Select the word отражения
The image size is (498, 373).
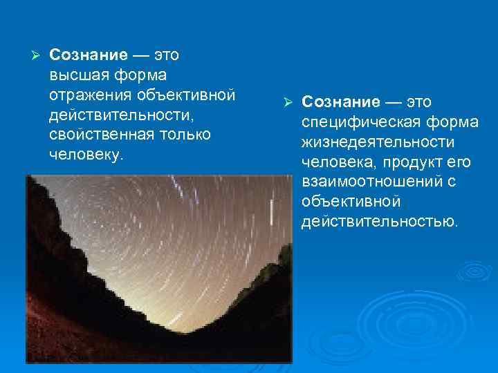[90, 93]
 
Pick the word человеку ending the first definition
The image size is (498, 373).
[86, 153]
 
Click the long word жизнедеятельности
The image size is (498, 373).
[378, 142]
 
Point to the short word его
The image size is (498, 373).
[459, 162]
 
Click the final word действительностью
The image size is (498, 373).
[379, 222]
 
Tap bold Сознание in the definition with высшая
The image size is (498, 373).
[89, 54]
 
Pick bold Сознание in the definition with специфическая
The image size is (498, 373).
[341, 102]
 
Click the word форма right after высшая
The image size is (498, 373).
[141, 74]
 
